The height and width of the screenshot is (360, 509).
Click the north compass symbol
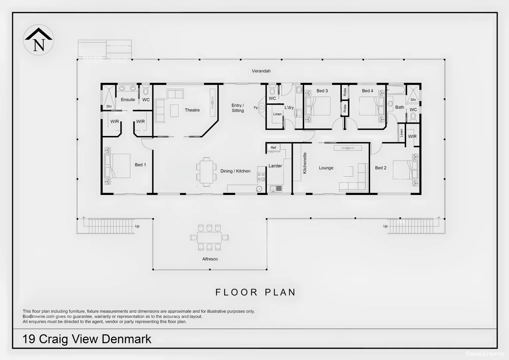pyautogui.click(x=39, y=40)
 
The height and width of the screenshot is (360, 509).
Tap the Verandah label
pyautogui.click(x=261, y=71)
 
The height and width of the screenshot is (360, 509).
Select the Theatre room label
pyautogui.click(x=192, y=110)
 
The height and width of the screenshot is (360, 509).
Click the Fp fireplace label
pyautogui.click(x=255, y=108)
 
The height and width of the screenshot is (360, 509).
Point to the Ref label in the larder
pyautogui.click(x=273, y=148)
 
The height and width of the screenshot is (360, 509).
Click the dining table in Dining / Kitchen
pyautogui.click(x=206, y=172)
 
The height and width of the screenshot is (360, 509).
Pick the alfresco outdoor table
pyautogui.click(x=209, y=237)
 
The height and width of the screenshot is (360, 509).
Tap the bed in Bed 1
pyautogui.click(x=117, y=166)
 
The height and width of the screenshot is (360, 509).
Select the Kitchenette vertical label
pyautogui.click(x=305, y=163)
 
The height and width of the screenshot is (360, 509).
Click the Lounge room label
pyautogui.click(x=326, y=168)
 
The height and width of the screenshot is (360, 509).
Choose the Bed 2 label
pyautogui.click(x=381, y=168)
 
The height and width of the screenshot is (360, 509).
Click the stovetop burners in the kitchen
pyautogui.click(x=261, y=177)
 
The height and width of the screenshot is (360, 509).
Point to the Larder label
pyautogui.click(x=275, y=166)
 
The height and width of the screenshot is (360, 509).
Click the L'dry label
pyautogui.click(x=289, y=107)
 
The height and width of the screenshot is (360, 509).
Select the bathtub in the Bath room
pyautogui.click(x=396, y=90)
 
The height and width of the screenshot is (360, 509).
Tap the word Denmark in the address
pyautogui.click(x=126, y=339)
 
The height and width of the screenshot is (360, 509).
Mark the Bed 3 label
pyautogui.click(x=322, y=91)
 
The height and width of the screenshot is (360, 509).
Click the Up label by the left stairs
pyautogui.click(x=137, y=226)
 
